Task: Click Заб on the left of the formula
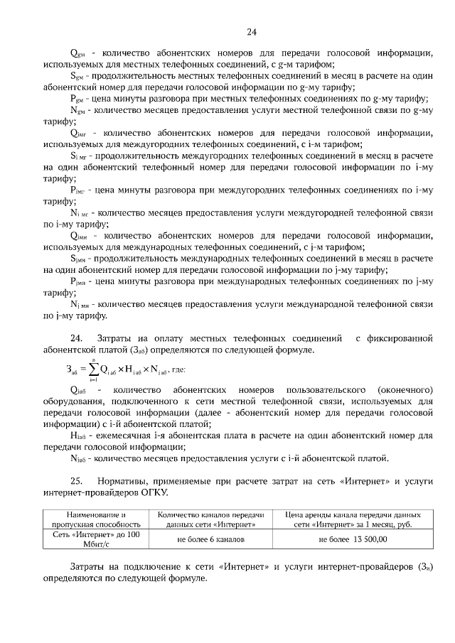click(x=72, y=370)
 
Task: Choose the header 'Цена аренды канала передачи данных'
click(x=353, y=519)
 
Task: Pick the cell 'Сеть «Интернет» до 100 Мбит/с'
click(x=96, y=539)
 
